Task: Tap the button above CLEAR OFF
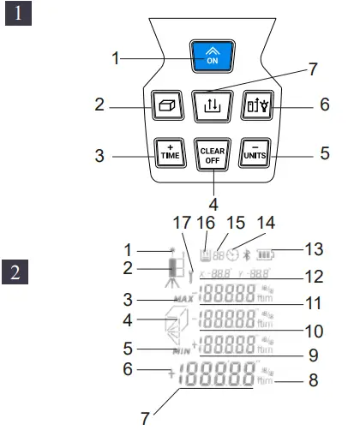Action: pos(211,105)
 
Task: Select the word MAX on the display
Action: pos(183,299)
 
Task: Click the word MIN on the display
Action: pos(181,350)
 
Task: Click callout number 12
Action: pos(313,277)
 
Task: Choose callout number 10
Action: pos(314,329)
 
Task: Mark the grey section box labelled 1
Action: pos(19,16)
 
